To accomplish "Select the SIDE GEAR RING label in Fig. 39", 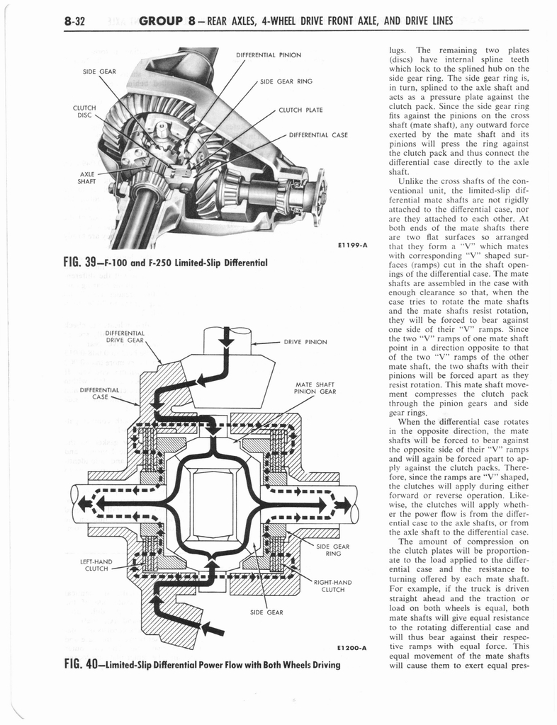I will pyautogui.click(x=286, y=82).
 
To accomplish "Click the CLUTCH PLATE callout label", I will pyautogui.click(x=300, y=110).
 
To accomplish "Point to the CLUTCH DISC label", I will pyautogui.click(x=84, y=112).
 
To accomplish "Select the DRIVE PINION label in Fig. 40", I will pyautogui.click(x=305, y=342).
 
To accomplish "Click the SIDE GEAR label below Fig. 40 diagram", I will pyautogui.click(x=266, y=612).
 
